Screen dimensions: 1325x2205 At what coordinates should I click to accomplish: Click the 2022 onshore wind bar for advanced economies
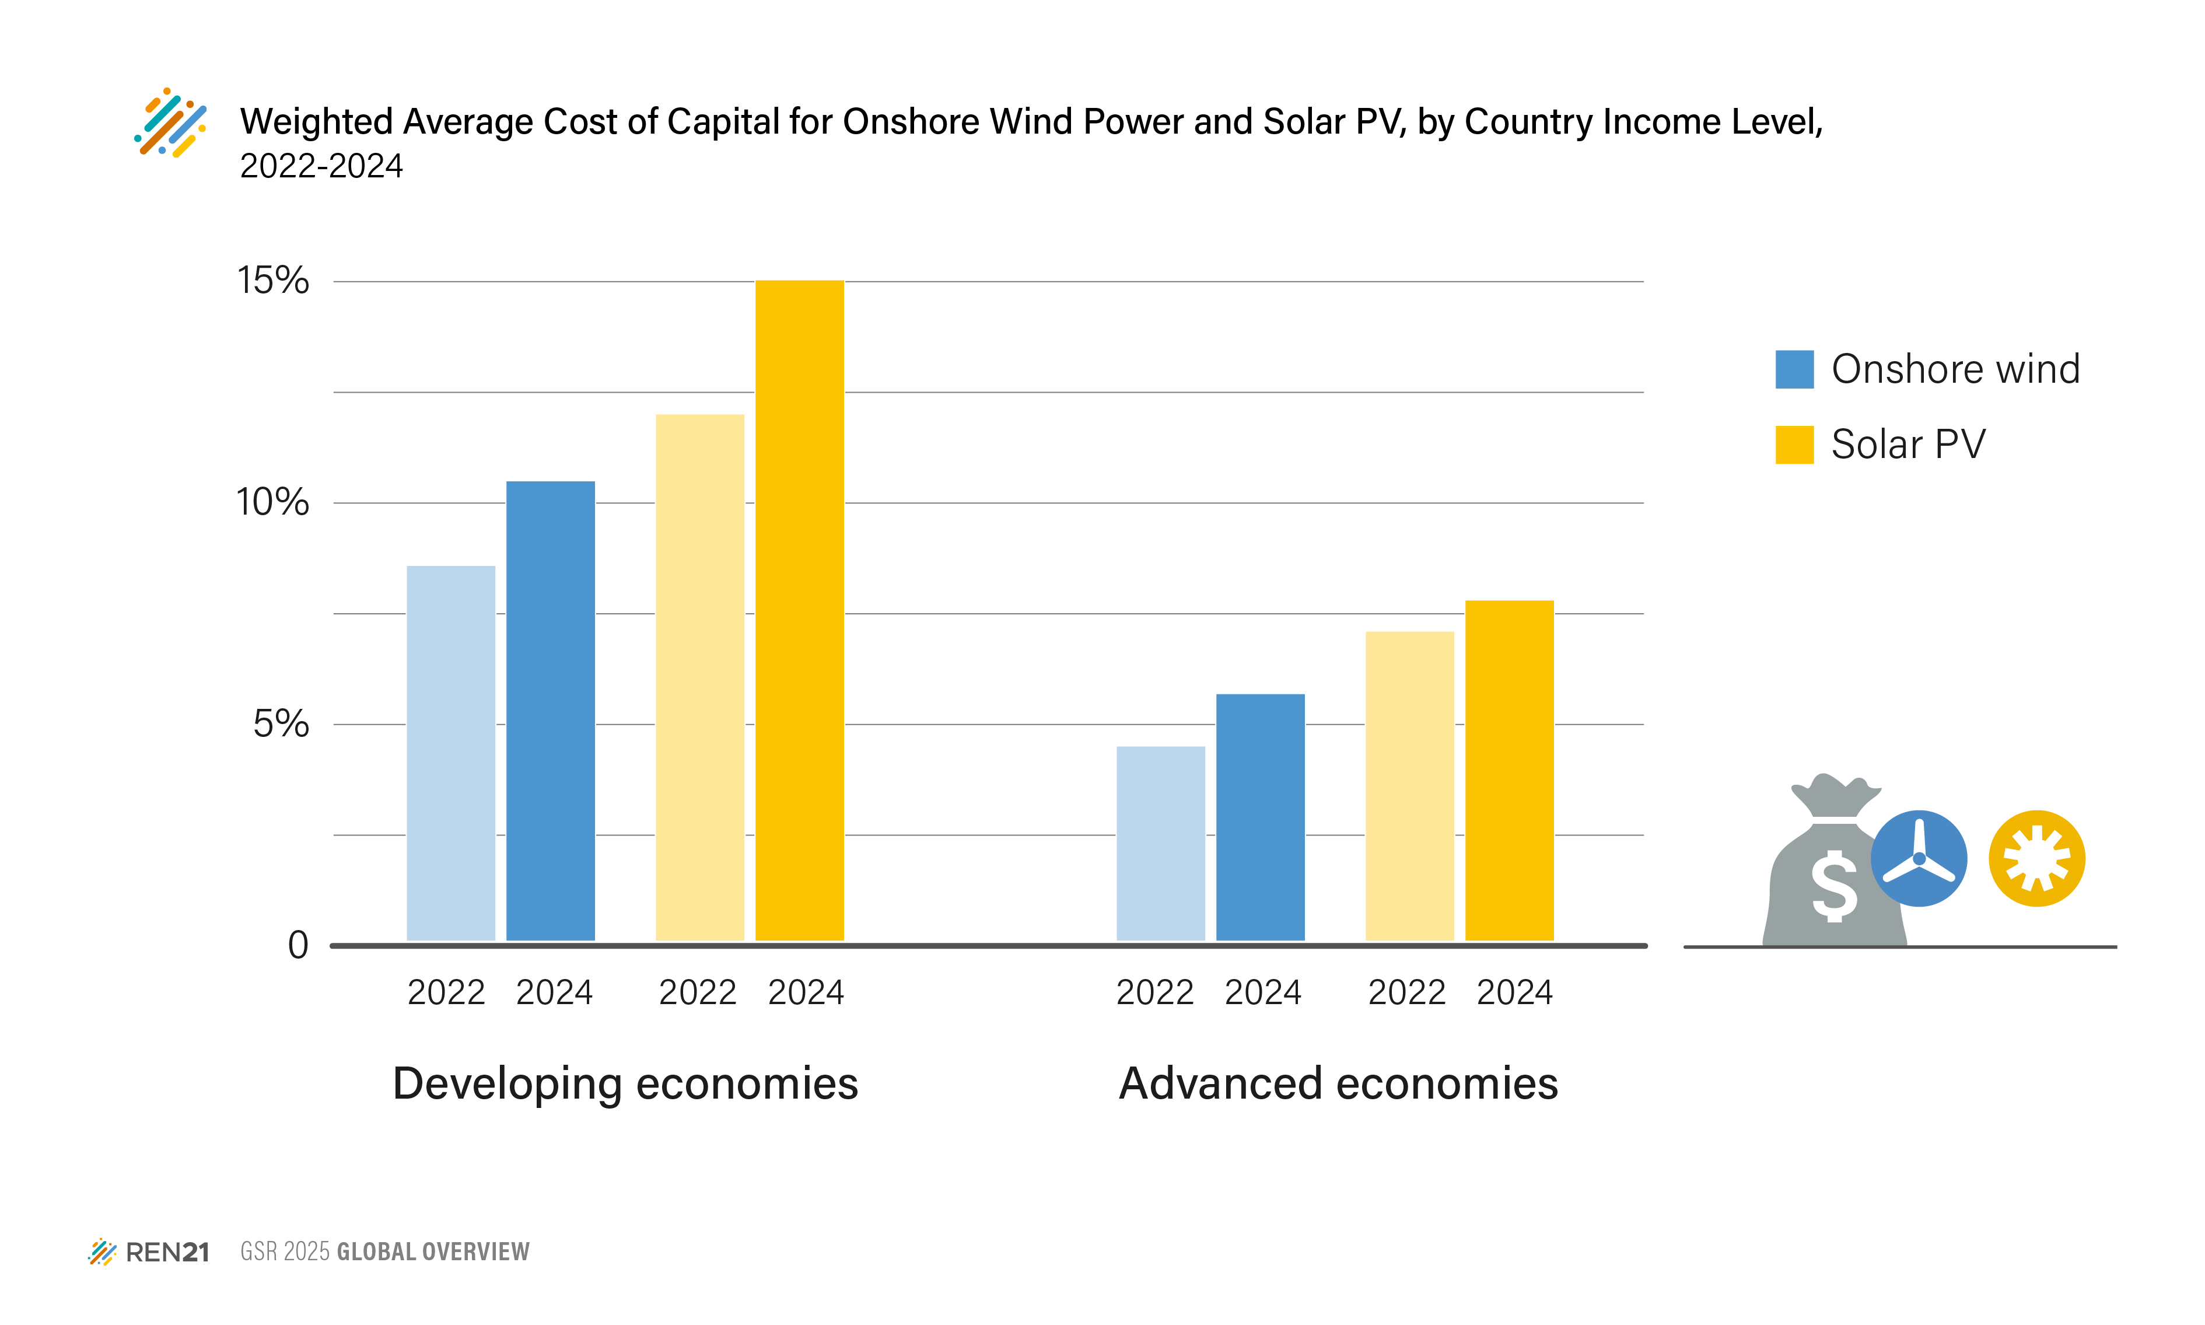click(1160, 843)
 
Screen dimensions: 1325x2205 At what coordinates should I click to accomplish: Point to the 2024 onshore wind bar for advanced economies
click(1259, 817)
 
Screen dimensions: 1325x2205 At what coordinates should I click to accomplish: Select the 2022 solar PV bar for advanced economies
click(1409, 786)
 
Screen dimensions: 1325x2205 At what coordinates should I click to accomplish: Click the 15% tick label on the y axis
click(273, 281)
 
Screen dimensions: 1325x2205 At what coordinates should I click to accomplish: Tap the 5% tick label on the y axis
click(281, 723)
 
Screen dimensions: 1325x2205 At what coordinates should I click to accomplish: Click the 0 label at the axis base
click(298, 945)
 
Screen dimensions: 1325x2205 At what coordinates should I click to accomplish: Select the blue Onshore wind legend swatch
click(1794, 369)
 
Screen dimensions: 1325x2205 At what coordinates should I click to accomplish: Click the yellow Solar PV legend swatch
click(1794, 445)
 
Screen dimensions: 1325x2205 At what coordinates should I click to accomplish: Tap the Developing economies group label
click(625, 1083)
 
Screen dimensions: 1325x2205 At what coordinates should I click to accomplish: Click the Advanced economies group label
click(1338, 1083)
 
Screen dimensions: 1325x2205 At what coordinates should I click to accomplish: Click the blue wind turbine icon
click(1919, 858)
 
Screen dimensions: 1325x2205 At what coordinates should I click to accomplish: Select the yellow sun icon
click(2036, 858)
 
